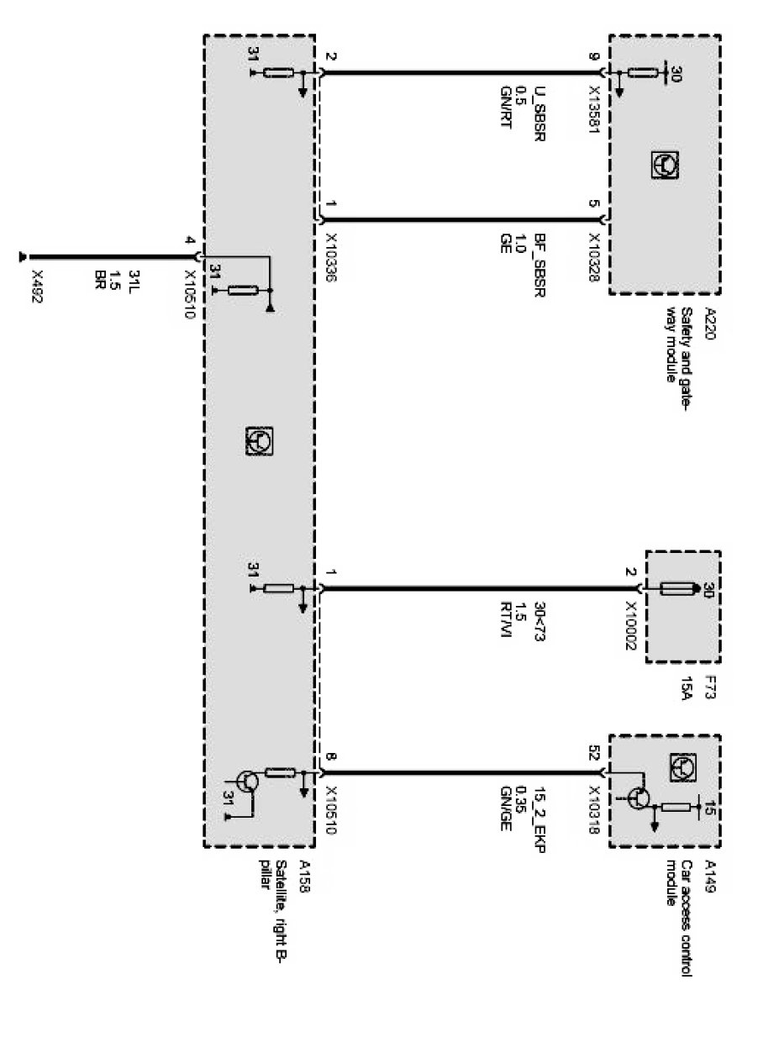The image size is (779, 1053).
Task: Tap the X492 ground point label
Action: pyautogui.click(x=36, y=287)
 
